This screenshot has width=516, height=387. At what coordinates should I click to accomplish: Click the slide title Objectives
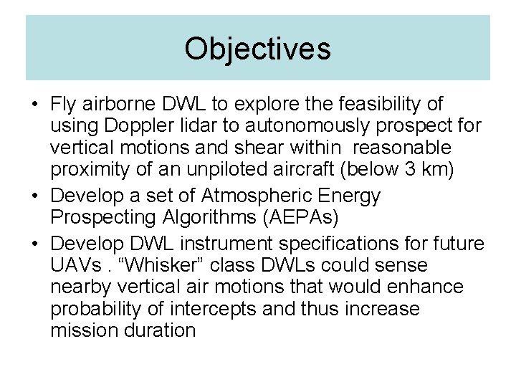point(257,49)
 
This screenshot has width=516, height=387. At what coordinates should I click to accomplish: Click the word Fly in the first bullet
point(64,105)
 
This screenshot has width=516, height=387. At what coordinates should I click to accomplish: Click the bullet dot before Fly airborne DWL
point(34,105)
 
